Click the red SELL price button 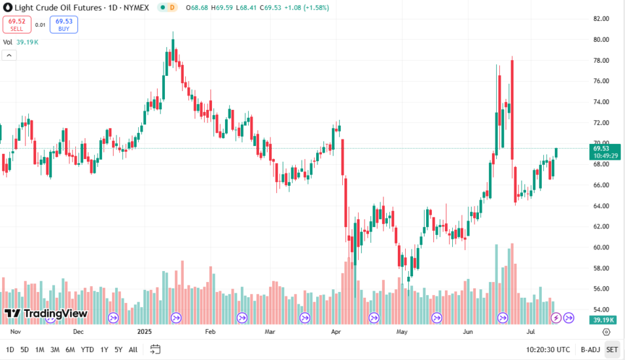(16, 25)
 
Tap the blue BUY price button (63, 25)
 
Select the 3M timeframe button (55, 350)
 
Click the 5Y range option (118, 350)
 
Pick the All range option (133, 350)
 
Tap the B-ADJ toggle (590, 350)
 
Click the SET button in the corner (612, 350)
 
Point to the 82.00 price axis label (601, 18)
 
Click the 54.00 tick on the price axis (601, 310)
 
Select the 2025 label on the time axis (145, 332)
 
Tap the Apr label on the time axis (336, 332)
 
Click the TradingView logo (46, 314)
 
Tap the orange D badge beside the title (172, 8)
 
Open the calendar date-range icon (155, 350)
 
